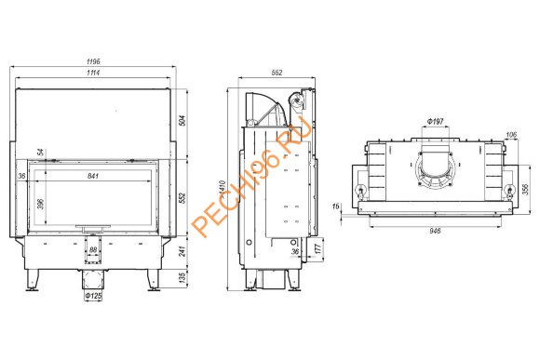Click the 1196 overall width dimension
pos(93,61)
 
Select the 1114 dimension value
pos(93,73)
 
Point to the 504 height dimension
pos(182,120)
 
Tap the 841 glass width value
pos(93,176)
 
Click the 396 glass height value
pos(41,204)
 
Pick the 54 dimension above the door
pos(41,152)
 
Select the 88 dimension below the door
pos(93,250)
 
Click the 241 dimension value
pos(182,251)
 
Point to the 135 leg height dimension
pos(182,277)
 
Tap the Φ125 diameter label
pos(93,296)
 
